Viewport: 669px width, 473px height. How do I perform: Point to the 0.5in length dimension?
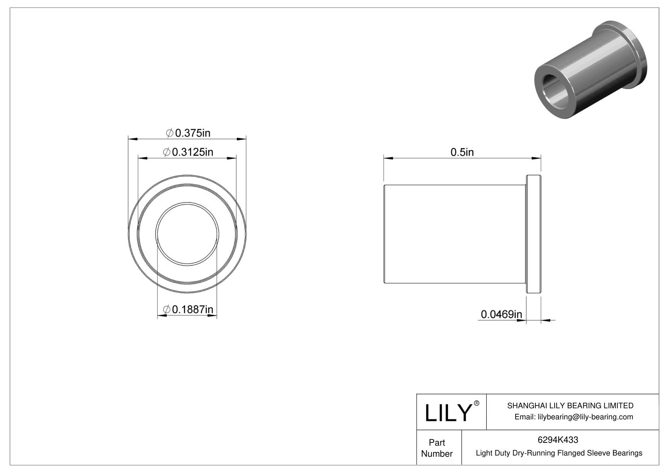pos(462,152)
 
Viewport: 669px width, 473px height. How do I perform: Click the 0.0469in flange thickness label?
pos(501,315)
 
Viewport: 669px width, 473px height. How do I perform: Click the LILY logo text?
pos(448,413)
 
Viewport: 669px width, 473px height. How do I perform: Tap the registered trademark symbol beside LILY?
pos(477,403)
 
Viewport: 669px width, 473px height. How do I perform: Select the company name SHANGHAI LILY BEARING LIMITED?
pos(570,405)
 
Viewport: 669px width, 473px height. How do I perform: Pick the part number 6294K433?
pos(558,440)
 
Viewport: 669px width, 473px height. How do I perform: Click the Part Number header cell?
pos(437,448)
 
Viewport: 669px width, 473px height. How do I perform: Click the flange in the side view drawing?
pos(534,234)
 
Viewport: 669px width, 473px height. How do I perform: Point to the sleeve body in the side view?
pos(453,234)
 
